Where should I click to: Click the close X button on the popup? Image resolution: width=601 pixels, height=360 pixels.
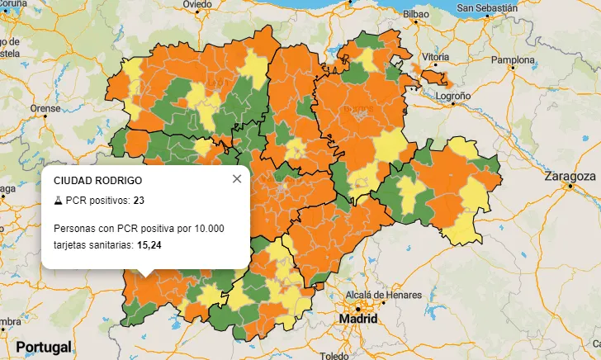237,178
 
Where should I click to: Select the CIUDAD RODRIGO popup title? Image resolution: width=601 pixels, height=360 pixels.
97,180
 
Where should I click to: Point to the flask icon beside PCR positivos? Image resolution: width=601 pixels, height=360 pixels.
58,200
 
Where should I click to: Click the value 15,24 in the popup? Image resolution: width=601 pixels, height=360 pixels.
149,244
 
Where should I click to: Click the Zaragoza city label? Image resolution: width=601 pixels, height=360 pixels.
570,176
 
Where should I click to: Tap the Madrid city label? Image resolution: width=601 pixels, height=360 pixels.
357,318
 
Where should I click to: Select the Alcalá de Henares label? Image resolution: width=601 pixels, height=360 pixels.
383,296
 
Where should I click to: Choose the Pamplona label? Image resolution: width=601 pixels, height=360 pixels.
513,60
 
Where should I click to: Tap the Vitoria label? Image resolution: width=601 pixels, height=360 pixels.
436,57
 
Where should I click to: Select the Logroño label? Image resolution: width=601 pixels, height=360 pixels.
453,96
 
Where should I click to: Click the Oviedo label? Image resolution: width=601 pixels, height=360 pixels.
196,4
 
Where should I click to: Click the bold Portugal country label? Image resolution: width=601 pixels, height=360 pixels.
43,347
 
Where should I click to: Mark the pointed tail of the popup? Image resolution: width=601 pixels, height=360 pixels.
145,273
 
